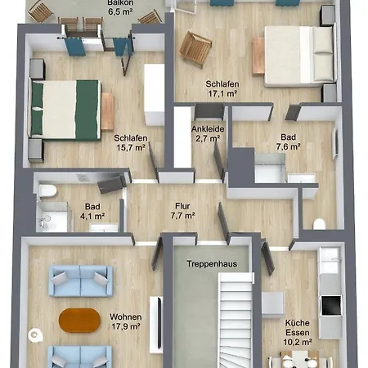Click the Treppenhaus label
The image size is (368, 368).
(212, 264)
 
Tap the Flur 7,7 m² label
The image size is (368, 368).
(182, 211)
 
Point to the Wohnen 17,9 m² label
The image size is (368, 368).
(126, 321)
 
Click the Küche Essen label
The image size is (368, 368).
(298, 328)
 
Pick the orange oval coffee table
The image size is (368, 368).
(79, 321)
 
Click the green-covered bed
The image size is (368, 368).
(65, 110)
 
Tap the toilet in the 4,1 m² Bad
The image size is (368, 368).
(47, 191)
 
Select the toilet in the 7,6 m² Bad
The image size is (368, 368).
(319, 224)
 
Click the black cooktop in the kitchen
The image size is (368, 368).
(331, 305)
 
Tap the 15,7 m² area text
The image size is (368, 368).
(131, 148)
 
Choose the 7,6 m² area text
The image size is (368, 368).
(289, 146)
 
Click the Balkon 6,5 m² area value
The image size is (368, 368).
(120, 12)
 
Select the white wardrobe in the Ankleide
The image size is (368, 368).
(182, 137)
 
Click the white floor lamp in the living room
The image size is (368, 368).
(35, 334)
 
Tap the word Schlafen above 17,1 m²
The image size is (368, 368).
(222, 84)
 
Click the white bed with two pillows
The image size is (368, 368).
(299, 56)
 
